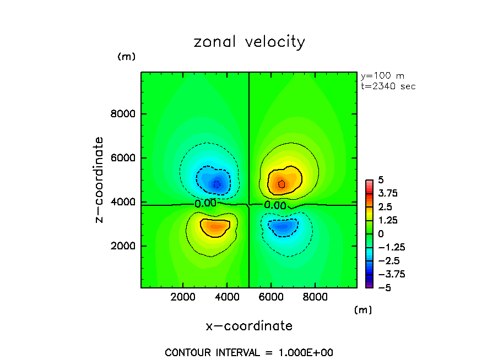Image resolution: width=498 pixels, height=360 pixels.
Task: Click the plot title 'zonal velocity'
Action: click(249, 42)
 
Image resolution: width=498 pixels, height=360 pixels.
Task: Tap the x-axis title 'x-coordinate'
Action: click(249, 326)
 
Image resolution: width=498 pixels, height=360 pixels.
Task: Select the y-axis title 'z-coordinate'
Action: click(100, 180)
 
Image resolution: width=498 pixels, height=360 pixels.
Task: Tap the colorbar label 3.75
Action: click(387, 194)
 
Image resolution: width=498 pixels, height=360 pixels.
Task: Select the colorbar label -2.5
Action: click(387, 260)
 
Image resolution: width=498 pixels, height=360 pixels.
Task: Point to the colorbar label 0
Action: click(381, 234)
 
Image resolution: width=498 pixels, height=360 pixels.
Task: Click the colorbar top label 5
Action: click(381, 181)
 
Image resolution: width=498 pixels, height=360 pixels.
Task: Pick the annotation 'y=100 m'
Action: click(381, 76)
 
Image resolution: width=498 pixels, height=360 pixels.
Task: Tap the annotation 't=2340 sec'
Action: click(388, 86)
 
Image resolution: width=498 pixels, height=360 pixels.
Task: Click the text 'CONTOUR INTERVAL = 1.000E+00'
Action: click(249, 352)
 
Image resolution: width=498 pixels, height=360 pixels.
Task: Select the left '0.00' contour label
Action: click(205, 203)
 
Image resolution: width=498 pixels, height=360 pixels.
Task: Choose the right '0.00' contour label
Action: click(275, 205)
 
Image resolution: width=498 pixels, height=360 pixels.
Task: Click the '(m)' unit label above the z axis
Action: click(126, 57)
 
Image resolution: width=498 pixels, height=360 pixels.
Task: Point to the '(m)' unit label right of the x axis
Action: click(362, 310)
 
